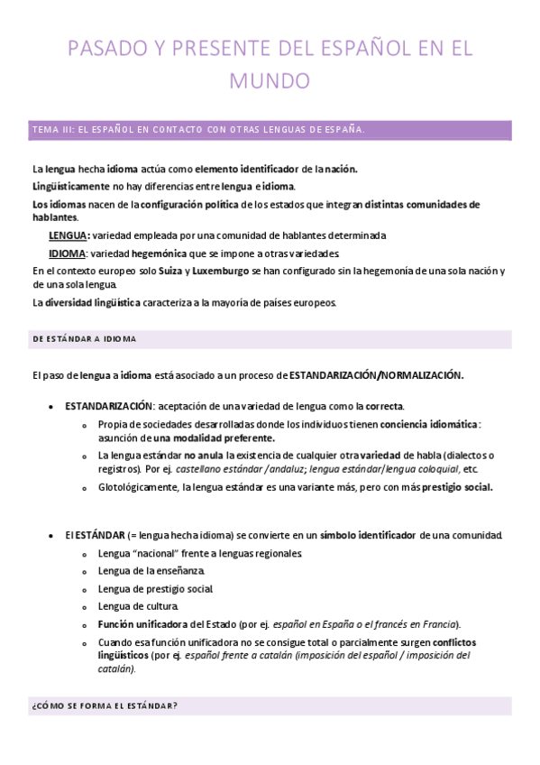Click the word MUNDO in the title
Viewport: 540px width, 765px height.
[x=270, y=81]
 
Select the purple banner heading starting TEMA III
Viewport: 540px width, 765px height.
[x=198, y=130]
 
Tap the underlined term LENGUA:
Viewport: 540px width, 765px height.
[x=69, y=235]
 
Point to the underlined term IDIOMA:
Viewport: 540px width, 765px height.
[x=69, y=253]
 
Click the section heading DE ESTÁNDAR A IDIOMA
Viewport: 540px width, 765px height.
[x=84, y=338]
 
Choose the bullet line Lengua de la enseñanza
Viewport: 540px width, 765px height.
[x=151, y=570]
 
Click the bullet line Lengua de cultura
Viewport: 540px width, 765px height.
[x=138, y=605]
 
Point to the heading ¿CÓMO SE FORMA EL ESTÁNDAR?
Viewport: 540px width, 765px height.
[x=105, y=705]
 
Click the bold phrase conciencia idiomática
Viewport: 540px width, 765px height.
[x=429, y=424]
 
